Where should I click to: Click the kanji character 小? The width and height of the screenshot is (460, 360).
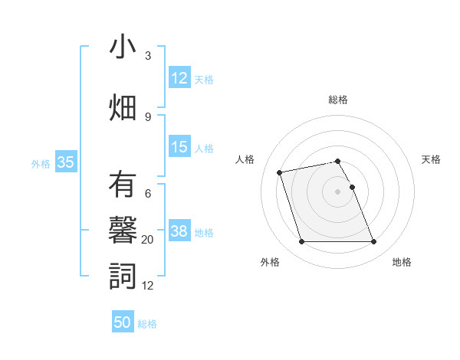123,47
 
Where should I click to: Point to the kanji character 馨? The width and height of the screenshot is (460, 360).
123,231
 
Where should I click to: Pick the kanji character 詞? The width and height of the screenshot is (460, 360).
123,276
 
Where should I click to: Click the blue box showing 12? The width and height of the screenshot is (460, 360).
179,79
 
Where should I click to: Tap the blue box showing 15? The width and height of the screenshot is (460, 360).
179,148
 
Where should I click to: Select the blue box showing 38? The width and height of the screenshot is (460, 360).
179,231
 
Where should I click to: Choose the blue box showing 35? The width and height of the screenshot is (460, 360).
65,162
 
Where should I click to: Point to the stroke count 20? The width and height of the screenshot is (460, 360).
148,240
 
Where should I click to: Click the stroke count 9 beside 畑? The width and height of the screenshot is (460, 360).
148,116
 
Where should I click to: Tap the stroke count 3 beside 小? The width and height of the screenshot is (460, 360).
148,56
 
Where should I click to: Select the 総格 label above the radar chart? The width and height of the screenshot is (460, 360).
337,100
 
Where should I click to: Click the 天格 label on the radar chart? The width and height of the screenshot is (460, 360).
431,159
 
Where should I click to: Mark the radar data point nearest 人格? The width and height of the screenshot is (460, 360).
280,172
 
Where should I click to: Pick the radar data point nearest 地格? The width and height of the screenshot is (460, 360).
373,242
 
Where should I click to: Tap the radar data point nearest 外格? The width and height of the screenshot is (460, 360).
301,242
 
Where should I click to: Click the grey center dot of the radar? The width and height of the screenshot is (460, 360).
337,191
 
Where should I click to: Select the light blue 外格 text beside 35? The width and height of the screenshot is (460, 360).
41,163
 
